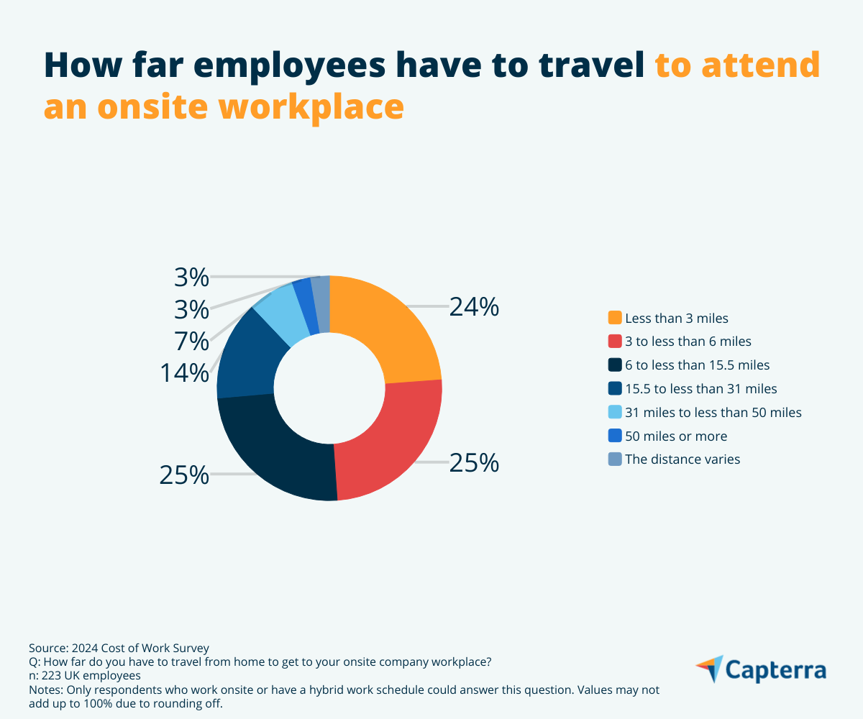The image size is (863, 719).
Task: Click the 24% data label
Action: [474, 307]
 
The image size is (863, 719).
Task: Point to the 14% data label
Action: [185, 373]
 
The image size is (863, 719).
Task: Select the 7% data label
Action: [192, 340]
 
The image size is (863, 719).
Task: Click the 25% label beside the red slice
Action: [474, 463]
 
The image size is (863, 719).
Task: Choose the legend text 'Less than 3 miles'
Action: [677, 318]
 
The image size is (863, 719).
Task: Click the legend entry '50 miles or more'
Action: [676, 436]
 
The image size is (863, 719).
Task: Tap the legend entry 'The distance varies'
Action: [682, 459]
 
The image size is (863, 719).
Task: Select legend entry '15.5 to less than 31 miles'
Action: [701, 388]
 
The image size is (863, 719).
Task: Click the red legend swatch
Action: [615, 342]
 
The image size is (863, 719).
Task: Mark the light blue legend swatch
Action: [615, 412]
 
